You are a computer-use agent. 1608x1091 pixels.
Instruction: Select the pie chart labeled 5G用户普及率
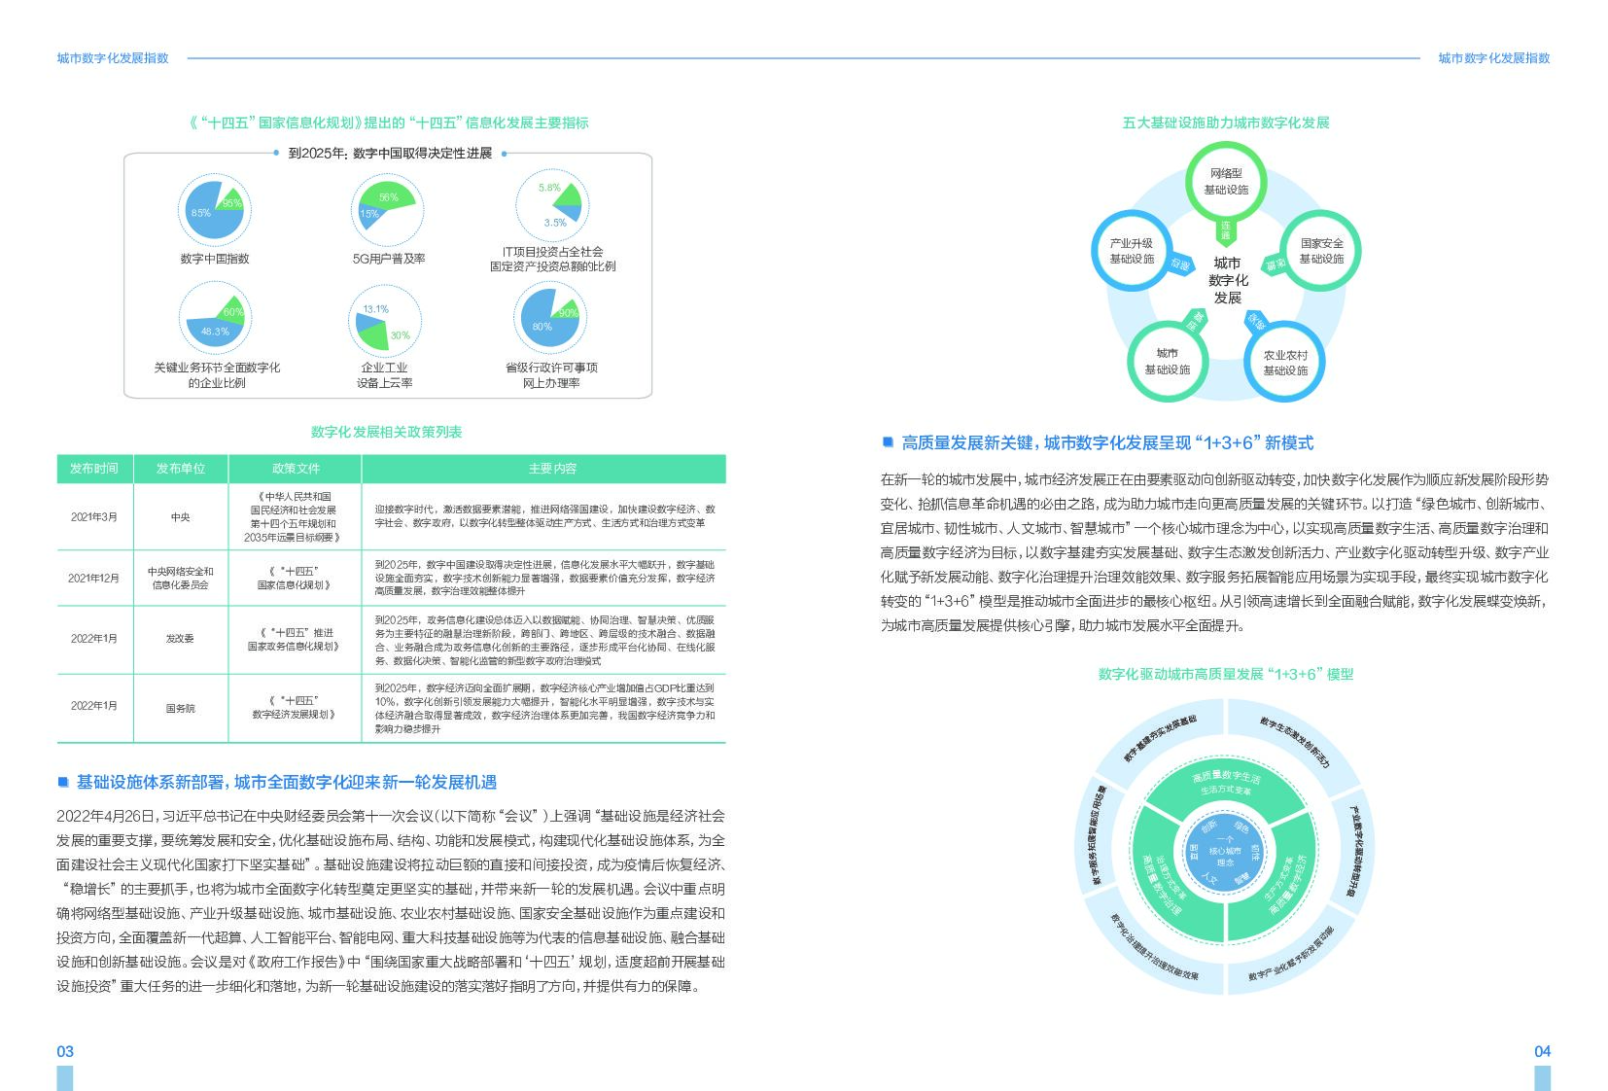pos(387,210)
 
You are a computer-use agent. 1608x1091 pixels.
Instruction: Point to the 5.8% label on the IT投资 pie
pos(549,188)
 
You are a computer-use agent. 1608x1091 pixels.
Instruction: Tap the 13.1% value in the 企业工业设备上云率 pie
pos(375,309)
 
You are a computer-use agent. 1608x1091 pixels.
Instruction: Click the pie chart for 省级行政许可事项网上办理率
pos(551,318)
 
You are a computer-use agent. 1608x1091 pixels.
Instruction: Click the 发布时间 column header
pos(94,469)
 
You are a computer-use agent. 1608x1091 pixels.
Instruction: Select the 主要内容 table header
pos(552,469)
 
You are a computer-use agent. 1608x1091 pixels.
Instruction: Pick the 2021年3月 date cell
pos(94,517)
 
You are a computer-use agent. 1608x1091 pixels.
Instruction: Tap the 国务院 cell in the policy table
pos(181,709)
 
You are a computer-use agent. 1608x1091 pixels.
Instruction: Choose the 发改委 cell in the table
pos(181,639)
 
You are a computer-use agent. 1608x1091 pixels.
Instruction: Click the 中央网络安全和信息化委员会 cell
pos(181,578)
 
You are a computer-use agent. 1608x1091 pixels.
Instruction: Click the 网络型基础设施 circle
pos(1225,182)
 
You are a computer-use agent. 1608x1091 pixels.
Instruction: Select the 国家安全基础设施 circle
pos(1320,251)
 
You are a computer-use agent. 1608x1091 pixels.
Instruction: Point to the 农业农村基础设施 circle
pos(1284,362)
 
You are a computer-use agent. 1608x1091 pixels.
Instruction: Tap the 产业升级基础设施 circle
pos(1132,251)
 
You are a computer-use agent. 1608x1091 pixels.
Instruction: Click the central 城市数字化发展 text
pos(1227,280)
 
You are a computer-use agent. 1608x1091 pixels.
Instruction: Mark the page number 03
pos(65,1051)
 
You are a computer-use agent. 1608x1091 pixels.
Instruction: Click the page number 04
pos(1542,1051)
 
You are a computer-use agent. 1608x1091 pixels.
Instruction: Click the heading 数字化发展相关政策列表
pos(386,432)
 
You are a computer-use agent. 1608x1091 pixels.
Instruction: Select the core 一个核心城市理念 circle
pos(1225,852)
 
